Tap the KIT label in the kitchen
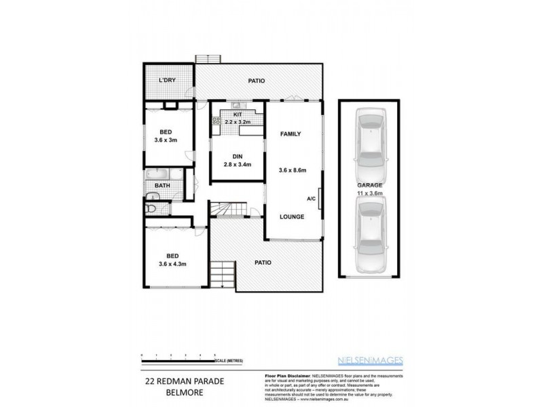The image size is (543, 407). pyautogui.click(x=238, y=115)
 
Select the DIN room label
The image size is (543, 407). pyautogui.click(x=238, y=155)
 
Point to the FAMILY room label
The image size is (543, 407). pyautogui.click(x=291, y=134)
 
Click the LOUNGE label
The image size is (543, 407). pyautogui.click(x=292, y=217)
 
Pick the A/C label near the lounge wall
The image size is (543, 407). pyautogui.click(x=311, y=199)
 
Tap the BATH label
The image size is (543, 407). pyautogui.click(x=162, y=185)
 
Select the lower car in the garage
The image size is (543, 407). pyautogui.click(x=371, y=237)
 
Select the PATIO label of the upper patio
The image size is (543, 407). pyautogui.click(x=256, y=81)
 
